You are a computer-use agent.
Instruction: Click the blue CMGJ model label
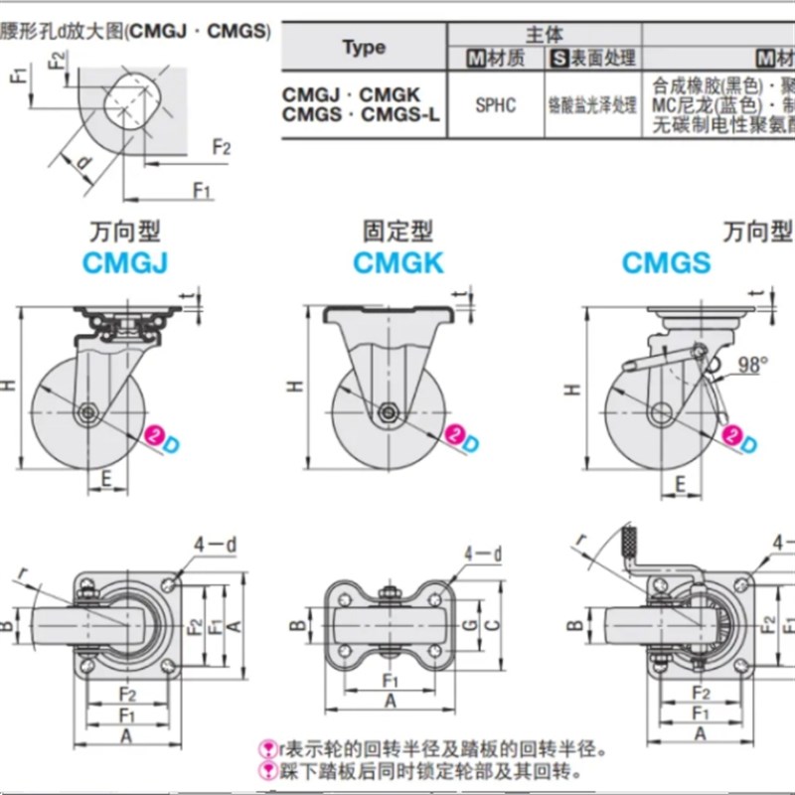click(x=123, y=263)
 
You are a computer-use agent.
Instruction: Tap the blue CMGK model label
click(x=398, y=263)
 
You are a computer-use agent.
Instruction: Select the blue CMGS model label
click(x=667, y=263)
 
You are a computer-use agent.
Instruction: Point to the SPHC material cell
click(x=495, y=104)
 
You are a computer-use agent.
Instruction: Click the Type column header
click(x=364, y=47)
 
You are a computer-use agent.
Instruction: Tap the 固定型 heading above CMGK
click(x=397, y=233)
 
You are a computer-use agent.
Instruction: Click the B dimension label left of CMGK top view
click(x=295, y=625)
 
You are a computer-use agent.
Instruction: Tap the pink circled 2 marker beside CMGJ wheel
click(x=155, y=433)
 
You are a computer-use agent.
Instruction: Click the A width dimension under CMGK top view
click(x=390, y=700)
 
